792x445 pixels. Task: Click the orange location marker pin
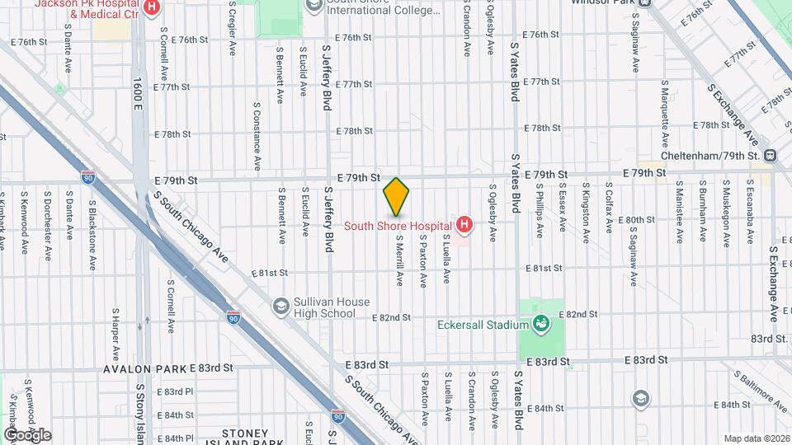coord(397,196)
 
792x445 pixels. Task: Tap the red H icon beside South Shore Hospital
coord(464,224)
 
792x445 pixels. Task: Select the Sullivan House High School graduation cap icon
coord(281,306)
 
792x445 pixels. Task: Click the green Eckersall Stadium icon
coord(541,324)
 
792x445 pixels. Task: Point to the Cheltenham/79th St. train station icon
coord(770,155)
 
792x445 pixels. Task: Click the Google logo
coord(26,434)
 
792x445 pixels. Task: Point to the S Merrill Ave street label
coord(399,259)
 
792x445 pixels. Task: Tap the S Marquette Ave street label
coord(664,107)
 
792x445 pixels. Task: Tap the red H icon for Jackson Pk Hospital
coord(151,8)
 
